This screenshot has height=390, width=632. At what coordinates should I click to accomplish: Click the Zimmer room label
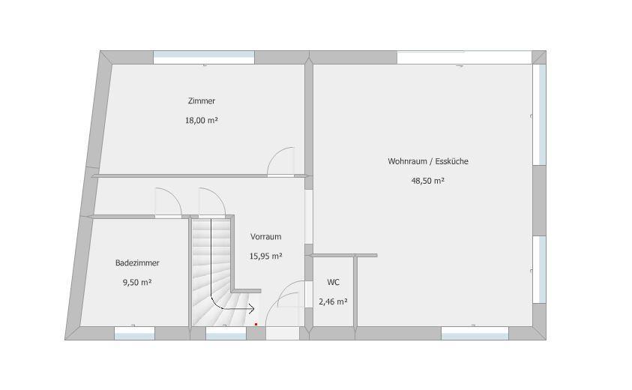(202, 100)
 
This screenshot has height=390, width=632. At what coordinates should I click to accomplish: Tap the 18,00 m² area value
(202, 120)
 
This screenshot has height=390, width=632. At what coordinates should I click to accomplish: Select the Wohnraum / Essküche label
(428, 161)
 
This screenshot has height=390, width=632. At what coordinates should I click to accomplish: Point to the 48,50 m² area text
(427, 181)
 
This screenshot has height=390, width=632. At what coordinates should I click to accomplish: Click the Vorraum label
(265, 237)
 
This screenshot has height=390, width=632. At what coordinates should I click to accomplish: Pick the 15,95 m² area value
(265, 256)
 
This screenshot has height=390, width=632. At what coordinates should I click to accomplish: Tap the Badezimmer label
(137, 263)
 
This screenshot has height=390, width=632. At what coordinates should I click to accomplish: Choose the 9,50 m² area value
(137, 282)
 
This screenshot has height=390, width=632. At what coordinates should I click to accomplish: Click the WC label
(334, 282)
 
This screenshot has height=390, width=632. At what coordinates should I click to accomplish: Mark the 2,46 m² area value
(333, 301)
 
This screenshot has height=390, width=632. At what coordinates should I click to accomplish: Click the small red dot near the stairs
(256, 324)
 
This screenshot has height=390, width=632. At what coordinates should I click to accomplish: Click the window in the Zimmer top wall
(204, 57)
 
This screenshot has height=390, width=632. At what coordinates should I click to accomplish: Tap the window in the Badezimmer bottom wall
(135, 333)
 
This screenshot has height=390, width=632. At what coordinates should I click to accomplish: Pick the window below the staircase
(226, 333)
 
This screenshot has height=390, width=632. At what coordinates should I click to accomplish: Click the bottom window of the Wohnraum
(475, 333)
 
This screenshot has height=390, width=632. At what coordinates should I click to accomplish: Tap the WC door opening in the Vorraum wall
(309, 295)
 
